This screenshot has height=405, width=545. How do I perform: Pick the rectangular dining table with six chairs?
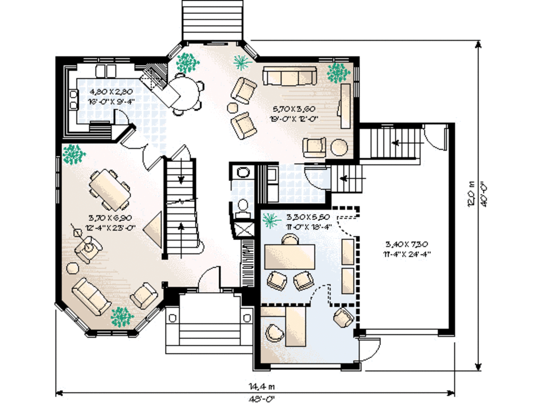109,189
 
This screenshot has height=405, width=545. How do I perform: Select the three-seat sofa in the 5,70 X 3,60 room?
290,77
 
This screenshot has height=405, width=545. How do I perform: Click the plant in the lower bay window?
122,317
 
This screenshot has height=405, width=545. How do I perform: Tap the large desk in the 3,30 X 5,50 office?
290,257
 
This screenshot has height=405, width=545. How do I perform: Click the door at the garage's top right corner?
435,137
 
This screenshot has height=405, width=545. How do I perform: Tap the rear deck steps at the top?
212,20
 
